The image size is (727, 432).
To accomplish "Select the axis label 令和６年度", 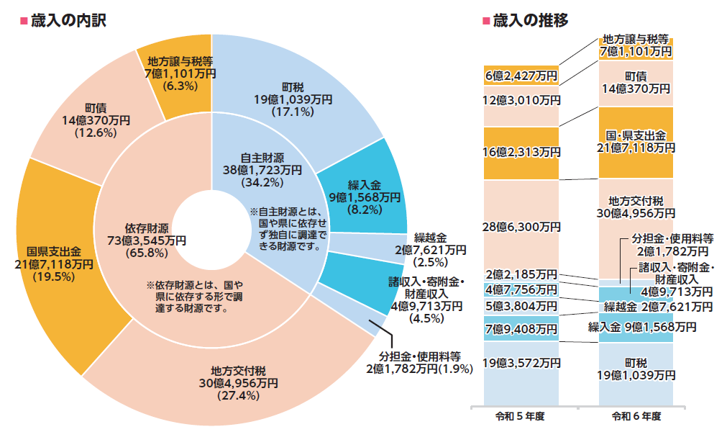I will (636, 416).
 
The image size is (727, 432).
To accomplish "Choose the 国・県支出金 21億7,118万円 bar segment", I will (636, 141).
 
